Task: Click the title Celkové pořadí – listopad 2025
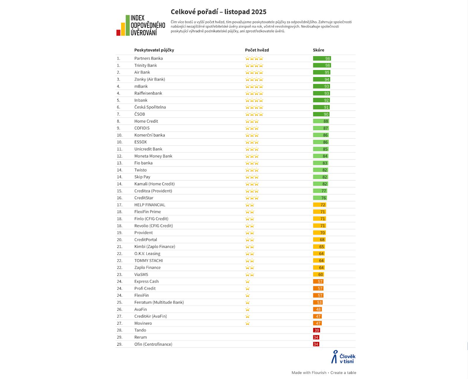pos(218,12)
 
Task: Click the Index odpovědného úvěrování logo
pos(141,25)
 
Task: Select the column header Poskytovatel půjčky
pos(154,50)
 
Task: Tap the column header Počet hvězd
pos(257,50)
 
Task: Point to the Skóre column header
pos(319,50)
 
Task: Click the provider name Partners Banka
pos(149,58)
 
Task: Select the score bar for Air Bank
pos(321,72)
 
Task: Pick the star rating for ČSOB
pos(254,114)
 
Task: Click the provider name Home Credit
pos(146,121)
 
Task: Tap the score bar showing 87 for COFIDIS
pos(321,128)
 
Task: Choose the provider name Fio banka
pos(143,163)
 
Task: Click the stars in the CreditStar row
pos(252,198)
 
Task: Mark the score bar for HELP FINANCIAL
pos(319,205)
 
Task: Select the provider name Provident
pos(144,233)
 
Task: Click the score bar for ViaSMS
pos(319,274)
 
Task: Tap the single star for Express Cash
pos(247,281)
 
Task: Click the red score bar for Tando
pos(316,330)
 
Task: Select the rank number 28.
pos(119,330)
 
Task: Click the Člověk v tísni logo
pos(343,357)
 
